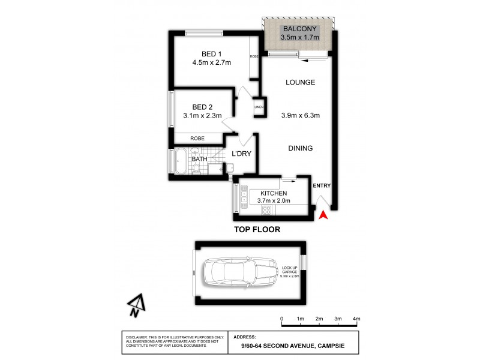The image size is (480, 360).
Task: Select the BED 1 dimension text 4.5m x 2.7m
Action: coord(211,62)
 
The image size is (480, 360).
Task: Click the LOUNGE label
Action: coord(300,82)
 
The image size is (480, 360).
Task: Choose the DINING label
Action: coord(299,148)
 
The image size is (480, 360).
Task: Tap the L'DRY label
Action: coord(241,154)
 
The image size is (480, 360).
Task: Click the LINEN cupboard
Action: coord(259,107)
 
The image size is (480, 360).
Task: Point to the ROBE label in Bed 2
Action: coord(197,138)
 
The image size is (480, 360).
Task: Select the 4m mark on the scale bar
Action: coord(356,319)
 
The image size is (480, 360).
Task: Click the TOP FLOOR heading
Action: coord(257,229)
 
